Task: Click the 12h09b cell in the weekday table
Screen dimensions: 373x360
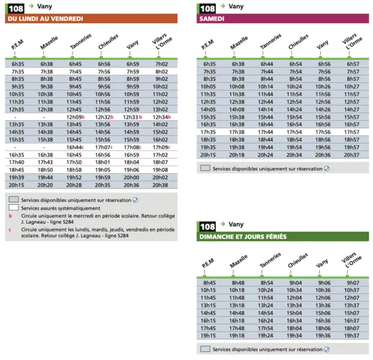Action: click(76, 117)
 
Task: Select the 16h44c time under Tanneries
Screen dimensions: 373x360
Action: click(75, 147)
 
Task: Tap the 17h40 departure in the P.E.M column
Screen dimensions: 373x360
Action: click(16, 162)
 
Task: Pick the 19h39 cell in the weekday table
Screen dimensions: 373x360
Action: click(16, 178)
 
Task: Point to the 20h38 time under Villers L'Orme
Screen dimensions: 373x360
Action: click(160, 185)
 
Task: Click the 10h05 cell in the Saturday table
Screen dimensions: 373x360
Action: click(208, 86)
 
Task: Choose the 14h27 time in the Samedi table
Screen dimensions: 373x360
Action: click(351, 109)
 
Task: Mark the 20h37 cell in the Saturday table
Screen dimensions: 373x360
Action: click(351, 155)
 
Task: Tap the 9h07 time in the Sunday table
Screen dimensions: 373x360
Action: click(353, 283)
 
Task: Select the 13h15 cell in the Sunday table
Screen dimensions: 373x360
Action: click(208, 305)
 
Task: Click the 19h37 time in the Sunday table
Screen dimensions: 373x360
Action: click(351, 336)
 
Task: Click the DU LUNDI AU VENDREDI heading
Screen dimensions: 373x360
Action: click(46, 19)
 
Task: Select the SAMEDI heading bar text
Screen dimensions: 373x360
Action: click(212, 19)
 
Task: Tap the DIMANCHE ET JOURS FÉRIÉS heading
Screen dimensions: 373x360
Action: click(243, 237)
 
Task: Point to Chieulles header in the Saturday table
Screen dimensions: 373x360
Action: click(298, 41)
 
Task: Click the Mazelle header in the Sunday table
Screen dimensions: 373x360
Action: click(239, 261)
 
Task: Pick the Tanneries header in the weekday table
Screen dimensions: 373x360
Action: click(80, 41)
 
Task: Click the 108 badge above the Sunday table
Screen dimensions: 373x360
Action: click(207, 227)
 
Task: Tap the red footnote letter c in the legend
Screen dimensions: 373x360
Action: click(10, 230)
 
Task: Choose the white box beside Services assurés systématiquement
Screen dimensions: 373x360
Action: click(14, 208)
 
